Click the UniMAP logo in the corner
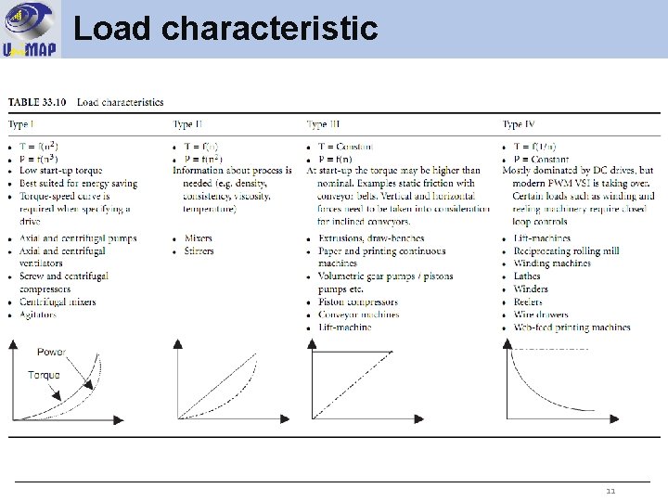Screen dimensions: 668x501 click(x=30, y=29)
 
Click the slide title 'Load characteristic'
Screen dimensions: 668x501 click(x=225, y=29)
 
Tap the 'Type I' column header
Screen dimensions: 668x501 click(x=22, y=124)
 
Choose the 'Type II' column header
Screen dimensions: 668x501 click(x=188, y=124)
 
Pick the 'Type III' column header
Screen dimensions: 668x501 click(x=324, y=124)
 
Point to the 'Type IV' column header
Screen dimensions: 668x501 click(x=519, y=124)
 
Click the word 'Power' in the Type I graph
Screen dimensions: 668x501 click(x=52, y=353)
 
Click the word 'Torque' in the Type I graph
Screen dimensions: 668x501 click(x=44, y=375)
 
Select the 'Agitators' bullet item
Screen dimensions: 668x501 click(x=38, y=315)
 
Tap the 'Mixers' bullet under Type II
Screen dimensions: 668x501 click(x=199, y=238)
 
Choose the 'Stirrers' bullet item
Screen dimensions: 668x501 click(x=200, y=250)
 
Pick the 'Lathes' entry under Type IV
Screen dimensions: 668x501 click(x=527, y=276)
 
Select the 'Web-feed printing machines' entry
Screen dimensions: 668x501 click(x=572, y=328)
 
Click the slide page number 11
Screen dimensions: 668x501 click(x=610, y=491)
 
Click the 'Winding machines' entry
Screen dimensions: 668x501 click(x=552, y=263)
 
